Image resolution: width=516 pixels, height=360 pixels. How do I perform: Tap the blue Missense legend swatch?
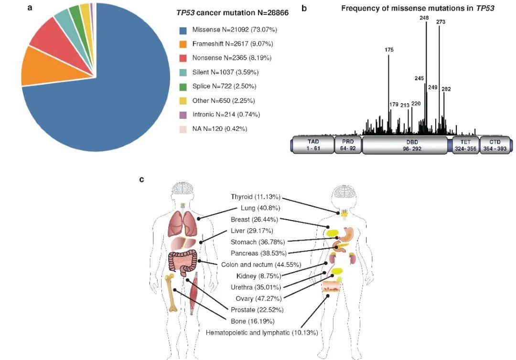tap(183, 30)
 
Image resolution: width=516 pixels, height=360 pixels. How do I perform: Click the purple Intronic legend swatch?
tap(183, 115)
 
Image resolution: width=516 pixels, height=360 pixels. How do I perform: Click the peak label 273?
tap(441, 21)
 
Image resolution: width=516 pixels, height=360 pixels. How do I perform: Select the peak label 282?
tap(446, 89)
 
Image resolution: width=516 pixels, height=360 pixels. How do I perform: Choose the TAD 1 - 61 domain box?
tap(313, 145)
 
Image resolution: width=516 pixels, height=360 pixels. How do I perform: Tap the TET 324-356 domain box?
tap(466, 145)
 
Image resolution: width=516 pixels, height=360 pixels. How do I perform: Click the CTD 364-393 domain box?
tap(495, 145)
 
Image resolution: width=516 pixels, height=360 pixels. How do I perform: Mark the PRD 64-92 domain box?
tap(348, 145)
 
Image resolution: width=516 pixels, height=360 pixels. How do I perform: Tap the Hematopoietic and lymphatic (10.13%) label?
tap(262, 332)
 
